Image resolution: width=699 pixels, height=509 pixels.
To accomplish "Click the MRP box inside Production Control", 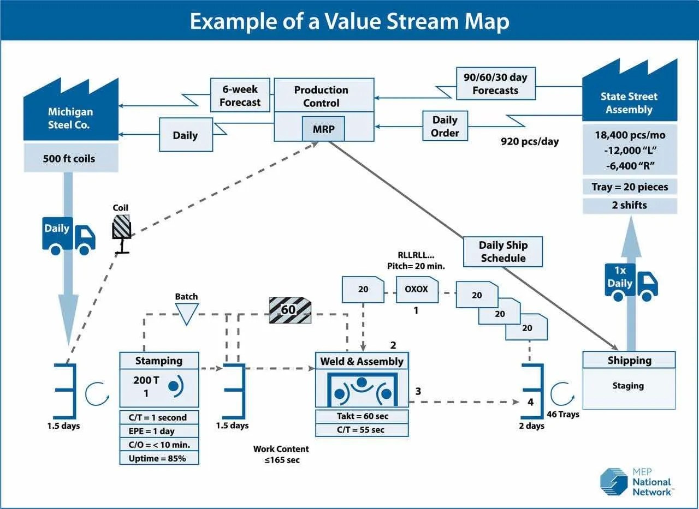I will pos(323,129).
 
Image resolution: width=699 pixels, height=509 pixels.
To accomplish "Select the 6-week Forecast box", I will pos(240,95).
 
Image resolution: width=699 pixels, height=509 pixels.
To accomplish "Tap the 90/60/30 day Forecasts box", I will pos(495,83).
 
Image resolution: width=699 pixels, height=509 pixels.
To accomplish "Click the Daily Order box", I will pos(445,126).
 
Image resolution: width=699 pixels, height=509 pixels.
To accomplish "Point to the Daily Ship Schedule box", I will pos(503,251).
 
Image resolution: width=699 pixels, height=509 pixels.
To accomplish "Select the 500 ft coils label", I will pos(69,159).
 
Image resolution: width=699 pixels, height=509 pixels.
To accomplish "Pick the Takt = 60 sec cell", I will pos(362,416).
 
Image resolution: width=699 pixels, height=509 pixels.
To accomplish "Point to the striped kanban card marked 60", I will pos(289,310).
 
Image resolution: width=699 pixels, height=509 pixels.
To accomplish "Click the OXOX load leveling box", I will pos(416,290).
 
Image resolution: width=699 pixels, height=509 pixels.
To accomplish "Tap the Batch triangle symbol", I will pos(186,313).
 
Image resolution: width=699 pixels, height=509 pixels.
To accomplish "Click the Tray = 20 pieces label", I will pos(630,187).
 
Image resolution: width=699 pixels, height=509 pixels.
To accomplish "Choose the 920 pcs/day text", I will pos(530,142).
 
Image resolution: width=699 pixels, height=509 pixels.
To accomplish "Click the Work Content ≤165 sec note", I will pos(281,454).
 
